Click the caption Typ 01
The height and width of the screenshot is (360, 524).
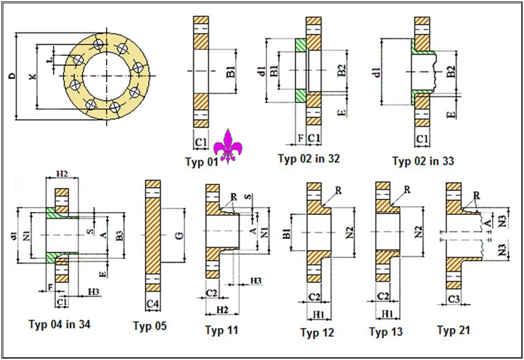(201, 163)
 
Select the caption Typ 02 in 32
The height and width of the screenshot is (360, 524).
(308, 157)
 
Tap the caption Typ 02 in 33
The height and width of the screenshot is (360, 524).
(423, 160)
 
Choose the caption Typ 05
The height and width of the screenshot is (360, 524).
(150, 326)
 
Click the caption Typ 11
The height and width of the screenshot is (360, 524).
(223, 330)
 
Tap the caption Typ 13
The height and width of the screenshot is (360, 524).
(388, 332)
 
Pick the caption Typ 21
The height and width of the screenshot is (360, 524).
(454, 330)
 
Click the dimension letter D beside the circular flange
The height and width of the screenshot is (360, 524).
(10, 75)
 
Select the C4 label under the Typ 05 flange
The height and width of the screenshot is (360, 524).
(153, 301)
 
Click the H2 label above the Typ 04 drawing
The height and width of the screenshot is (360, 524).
(62, 174)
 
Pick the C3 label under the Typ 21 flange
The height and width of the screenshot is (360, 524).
(454, 298)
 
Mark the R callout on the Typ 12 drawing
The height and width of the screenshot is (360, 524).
(339, 190)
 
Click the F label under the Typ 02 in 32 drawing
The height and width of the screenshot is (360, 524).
(300, 137)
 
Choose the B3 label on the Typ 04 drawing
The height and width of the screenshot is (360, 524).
(120, 235)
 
